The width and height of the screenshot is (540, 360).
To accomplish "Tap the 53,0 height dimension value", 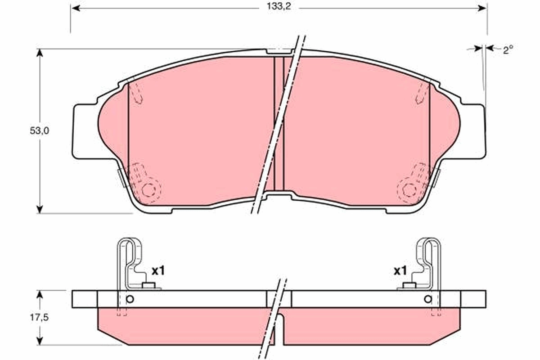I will click(x=40, y=131).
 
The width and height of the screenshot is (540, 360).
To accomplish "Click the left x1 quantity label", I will click(x=158, y=271).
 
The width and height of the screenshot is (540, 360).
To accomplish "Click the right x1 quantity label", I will click(x=400, y=271).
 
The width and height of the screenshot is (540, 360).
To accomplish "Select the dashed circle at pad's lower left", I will click(x=148, y=190).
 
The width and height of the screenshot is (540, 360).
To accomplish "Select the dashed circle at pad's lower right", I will click(x=409, y=190).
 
